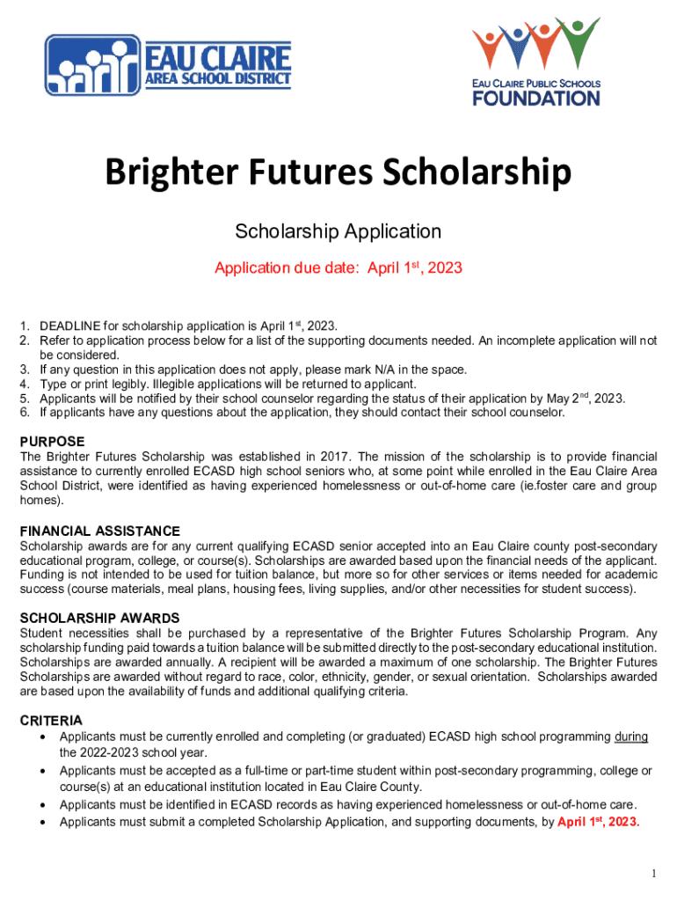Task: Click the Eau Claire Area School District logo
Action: click(168, 65)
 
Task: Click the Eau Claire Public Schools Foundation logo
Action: click(535, 61)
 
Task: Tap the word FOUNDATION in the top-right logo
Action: click(536, 97)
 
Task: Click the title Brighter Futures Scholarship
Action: click(338, 173)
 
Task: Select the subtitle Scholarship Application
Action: click(338, 231)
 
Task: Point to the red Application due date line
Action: click(338, 267)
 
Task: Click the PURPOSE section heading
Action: click(53, 441)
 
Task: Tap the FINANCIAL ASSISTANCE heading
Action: click(100, 531)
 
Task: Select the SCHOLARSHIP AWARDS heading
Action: click(99, 618)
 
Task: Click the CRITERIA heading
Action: click(51, 720)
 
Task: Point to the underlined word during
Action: click(631, 736)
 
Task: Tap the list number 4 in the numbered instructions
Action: click(25, 385)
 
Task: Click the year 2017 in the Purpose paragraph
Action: click(325, 457)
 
